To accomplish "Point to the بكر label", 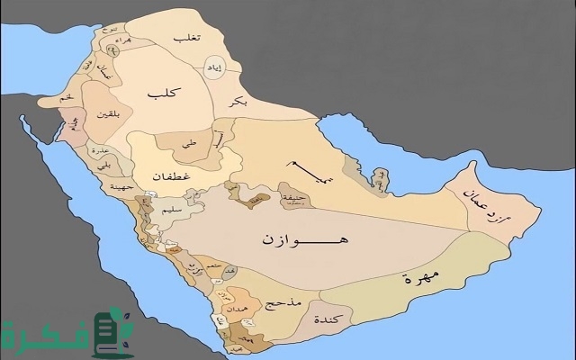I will point(238,103).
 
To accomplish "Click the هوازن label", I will point(293,241).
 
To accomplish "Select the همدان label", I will point(240,307).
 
